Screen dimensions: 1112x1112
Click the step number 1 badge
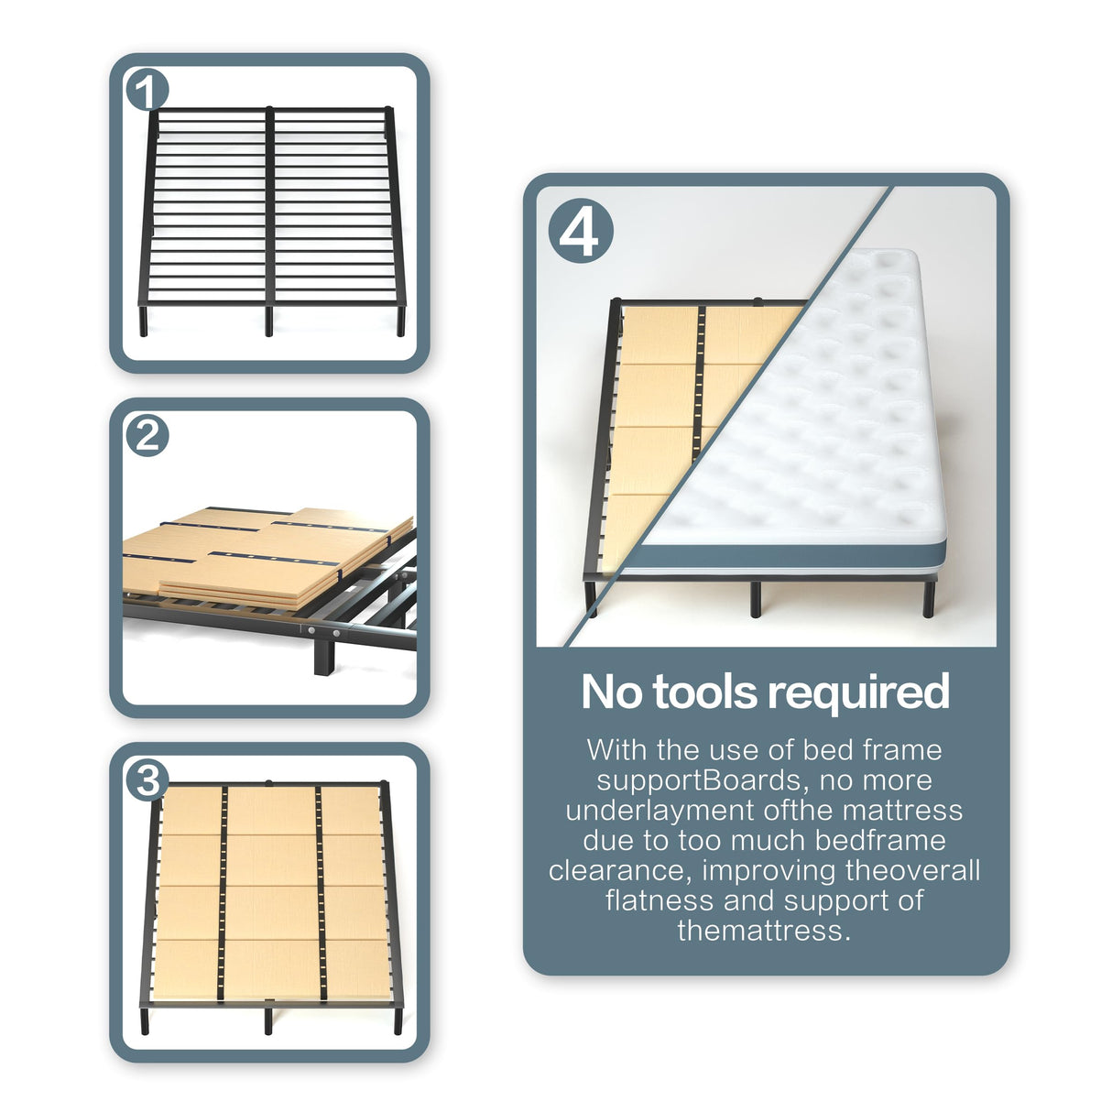[147, 91]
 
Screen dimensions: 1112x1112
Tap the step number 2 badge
[147, 436]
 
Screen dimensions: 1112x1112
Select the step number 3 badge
[147, 780]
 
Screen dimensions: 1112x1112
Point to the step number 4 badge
[580, 234]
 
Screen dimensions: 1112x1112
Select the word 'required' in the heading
[865, 692]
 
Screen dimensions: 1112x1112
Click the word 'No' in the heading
[611, 692]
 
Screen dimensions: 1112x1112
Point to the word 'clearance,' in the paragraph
[619, 870]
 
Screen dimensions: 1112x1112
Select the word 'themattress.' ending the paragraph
[764, 931]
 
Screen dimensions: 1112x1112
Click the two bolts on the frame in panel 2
[324, 632]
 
